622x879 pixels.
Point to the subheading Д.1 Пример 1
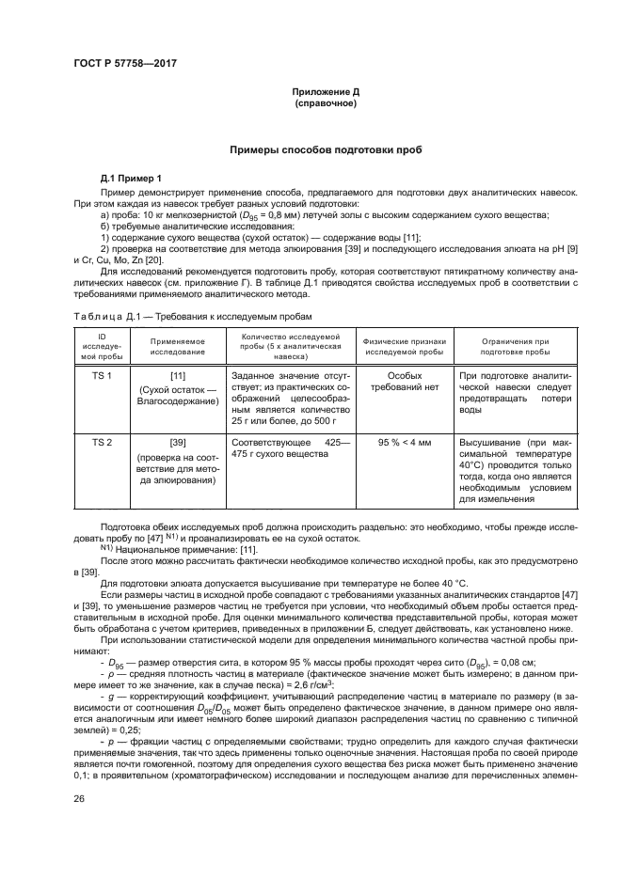point(132,178)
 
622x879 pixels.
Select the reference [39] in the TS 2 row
point(177,441)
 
